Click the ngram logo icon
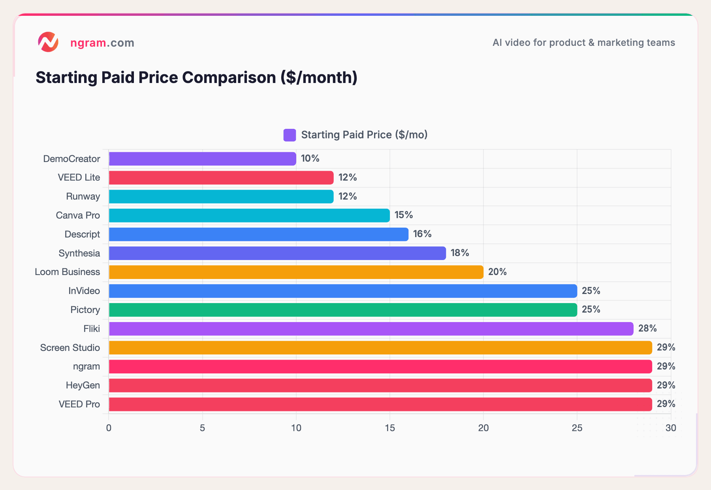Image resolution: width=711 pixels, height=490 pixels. pos(48,42)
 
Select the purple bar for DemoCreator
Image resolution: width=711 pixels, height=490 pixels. pos(202,159)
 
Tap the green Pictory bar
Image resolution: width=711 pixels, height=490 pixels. pos(342,310)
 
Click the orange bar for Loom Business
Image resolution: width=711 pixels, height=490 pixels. pos(296,272)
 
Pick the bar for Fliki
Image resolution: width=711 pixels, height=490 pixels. pos(371,329)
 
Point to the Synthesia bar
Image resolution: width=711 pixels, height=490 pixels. pos(277,253)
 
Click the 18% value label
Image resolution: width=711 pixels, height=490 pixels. pos(460,253)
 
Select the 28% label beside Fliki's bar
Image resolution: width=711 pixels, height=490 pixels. pos(647,328)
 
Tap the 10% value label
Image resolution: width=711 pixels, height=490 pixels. pos(310,158)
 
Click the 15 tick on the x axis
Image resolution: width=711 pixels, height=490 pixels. pos(390,428)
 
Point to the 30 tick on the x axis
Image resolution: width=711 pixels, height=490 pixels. pos(671,428)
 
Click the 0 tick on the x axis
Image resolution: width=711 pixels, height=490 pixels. pos(109,428)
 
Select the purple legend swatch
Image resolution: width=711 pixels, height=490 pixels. pos(290,135)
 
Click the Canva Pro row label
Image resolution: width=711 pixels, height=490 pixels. pos(78,215)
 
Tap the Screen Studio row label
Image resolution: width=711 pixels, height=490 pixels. pos(70,348)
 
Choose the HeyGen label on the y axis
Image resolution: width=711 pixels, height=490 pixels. pos(83,385)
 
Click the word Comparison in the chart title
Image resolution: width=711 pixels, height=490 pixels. pos(229,77)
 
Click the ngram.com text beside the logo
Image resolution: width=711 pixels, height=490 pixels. pos(102,43)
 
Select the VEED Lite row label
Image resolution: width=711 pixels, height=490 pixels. pos(79,177)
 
